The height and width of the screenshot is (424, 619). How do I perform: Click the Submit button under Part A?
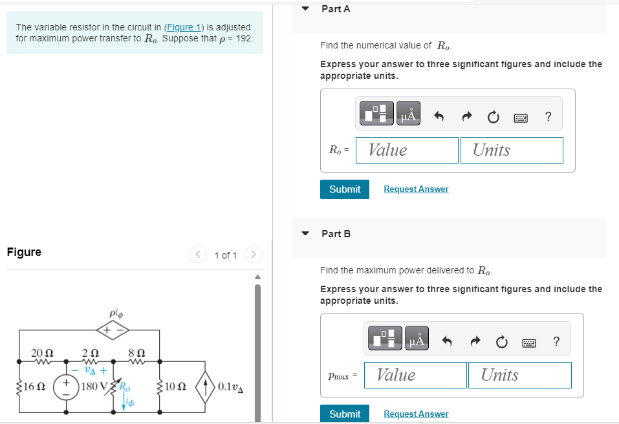[x=344, y=189]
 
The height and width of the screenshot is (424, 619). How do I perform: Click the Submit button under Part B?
[x=344, y=414]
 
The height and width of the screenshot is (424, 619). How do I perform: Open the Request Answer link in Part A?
[x=416, y=189]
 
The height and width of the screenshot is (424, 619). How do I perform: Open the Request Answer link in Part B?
[x=416, y=414]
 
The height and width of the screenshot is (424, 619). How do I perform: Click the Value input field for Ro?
[x=407, y=150]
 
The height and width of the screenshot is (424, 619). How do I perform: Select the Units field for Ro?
[x=511, y=150]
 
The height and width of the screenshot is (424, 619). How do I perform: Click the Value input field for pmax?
[x=415, y=375]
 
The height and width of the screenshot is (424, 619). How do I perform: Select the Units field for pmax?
[x=519, y=375]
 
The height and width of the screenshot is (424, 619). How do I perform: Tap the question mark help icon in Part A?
[x=548, y=117]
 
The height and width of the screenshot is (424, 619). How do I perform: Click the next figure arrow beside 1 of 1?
[x=254, y=255]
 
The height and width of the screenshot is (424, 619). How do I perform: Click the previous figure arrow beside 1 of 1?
[x=197, y=255]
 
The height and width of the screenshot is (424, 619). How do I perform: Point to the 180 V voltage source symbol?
[x=67, y=387]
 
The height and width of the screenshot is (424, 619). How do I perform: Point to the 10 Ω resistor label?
[x=176, y=387]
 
